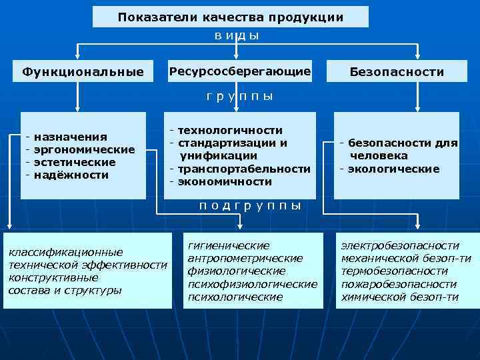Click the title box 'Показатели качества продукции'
[230, 17]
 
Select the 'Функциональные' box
[83, 71]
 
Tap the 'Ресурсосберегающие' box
[240, 71]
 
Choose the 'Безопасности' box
[397, 71]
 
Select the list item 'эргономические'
[84, 149]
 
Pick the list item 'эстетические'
[75, 162]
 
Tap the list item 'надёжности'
[71, 175]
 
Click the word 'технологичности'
[230, 130]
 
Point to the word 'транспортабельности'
[244, 169]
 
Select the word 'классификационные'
[65, 252]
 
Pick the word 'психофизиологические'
[253, 284]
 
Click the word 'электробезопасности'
[399, 246]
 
